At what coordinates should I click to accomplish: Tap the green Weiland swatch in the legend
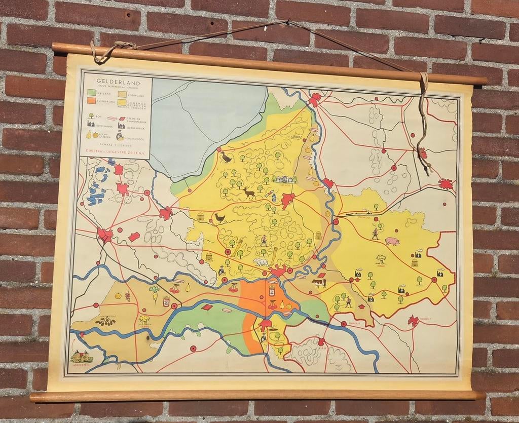(x=92, y=93)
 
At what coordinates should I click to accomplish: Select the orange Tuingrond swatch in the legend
(x=91, y=101)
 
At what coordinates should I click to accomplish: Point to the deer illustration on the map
(x=249, y=193)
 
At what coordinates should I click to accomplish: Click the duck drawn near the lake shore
(x=226, y=158)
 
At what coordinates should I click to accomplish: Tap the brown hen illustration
(x=219, y=217)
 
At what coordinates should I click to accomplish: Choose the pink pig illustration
(x=392, y=241)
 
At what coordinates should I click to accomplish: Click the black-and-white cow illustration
(x=319, y=283)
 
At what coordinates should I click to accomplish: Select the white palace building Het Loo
(x=284, y=179)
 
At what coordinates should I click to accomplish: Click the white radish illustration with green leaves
(x=154, y=292)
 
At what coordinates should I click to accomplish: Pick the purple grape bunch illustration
(x=127, y=295)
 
